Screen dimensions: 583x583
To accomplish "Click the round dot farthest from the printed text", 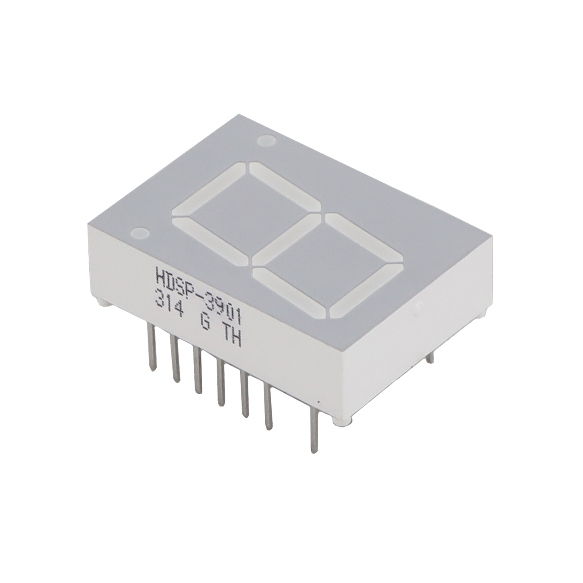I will coord(266,140).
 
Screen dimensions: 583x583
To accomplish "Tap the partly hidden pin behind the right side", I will coord(429,358).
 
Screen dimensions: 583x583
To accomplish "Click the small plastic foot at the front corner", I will coord(342,421).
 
